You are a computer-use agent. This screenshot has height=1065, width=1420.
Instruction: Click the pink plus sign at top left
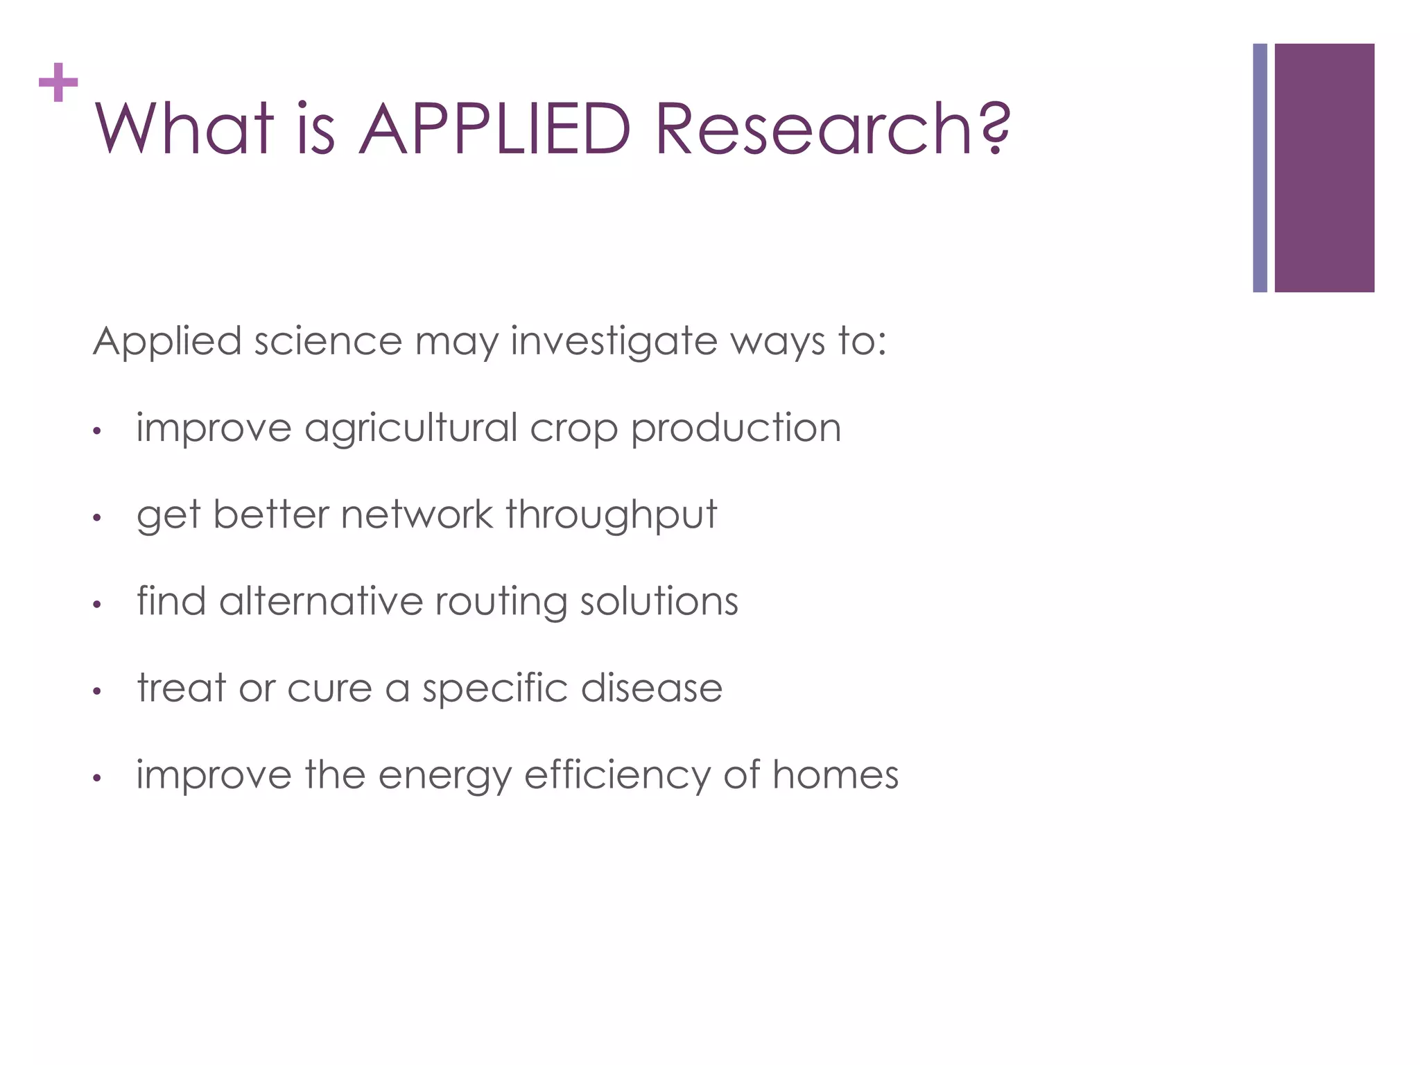(x=58, y=83)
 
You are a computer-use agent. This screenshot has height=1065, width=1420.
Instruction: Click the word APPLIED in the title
(x=495, y=129)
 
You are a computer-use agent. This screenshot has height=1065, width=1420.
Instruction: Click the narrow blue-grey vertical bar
(x=1260, y=168)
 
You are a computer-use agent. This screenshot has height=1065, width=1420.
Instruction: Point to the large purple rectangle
(x=1324, y=168)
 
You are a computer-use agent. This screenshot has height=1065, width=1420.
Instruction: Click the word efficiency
(x=617, y=775)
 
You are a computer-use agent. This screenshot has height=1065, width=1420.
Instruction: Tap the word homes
(x=835, y=774)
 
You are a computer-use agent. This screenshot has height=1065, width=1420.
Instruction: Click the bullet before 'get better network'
(x=98, y=518)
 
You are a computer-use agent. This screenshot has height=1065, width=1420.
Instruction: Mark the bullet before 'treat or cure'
(x=98, y=691)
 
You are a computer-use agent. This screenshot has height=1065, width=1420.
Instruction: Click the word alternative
(x=320, y=601)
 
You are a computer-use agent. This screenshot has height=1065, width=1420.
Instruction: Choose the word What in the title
(x=184, y=129)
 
